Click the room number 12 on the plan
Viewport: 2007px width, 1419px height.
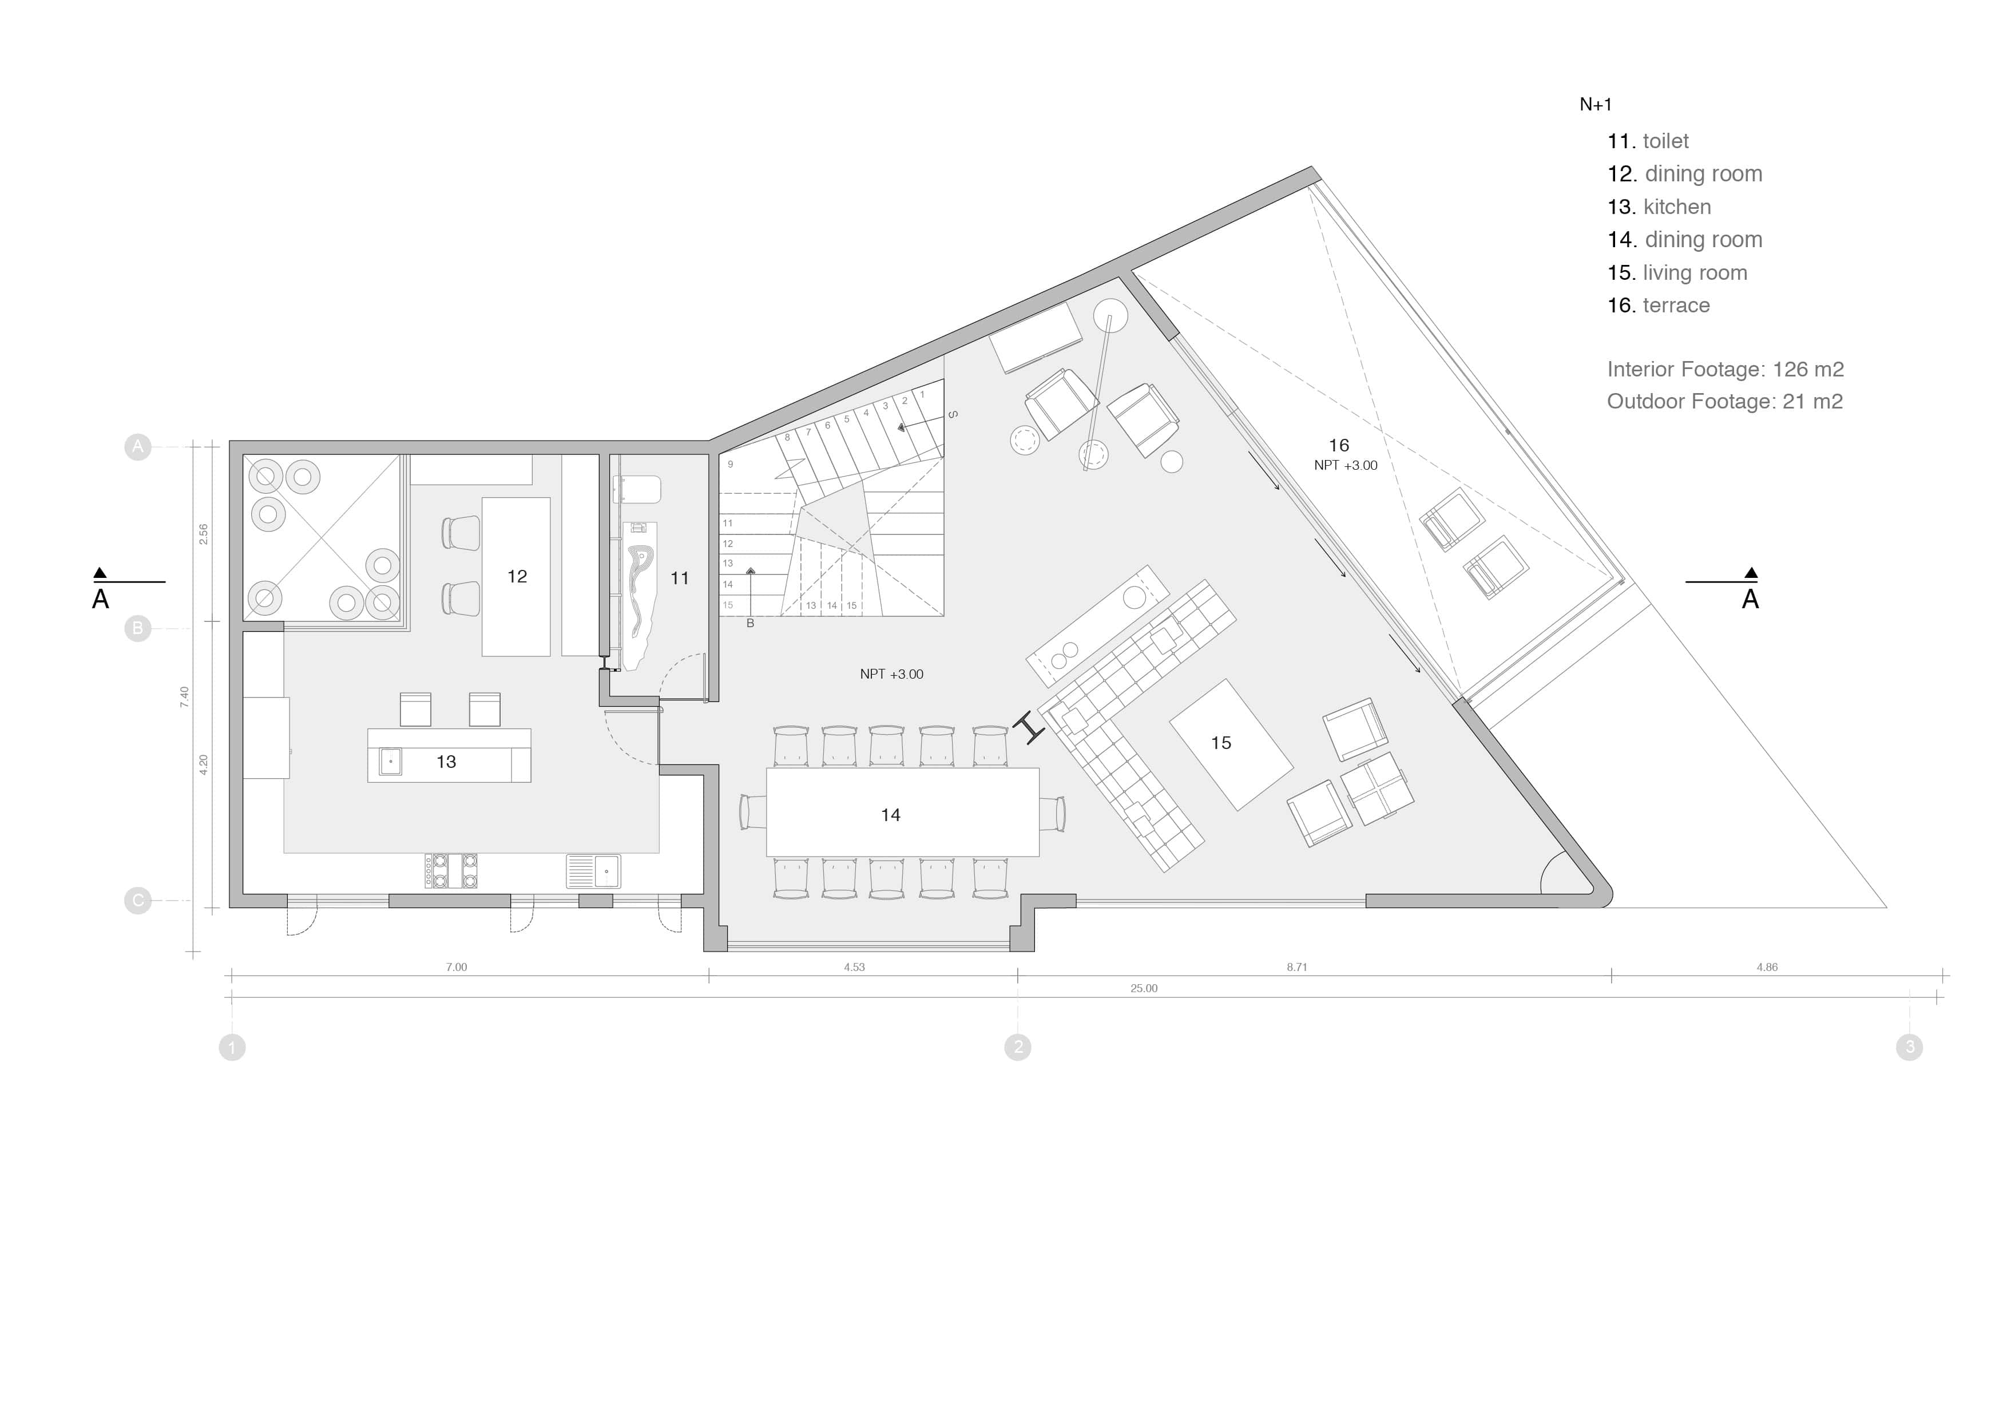click(x=517, y=576)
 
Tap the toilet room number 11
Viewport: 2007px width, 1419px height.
click(x=679, y=578)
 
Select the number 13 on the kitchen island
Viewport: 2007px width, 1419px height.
click(x=446, y=762)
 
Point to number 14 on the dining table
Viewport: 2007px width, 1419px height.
click(x=890, y=815)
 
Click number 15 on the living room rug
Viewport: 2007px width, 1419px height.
click(x=1220, y=742)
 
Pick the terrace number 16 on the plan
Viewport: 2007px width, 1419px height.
click(x=1338, y=445)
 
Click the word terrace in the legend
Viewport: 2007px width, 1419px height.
click(x=1676, y=305)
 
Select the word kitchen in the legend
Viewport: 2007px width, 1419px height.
click(x=1676, y=207)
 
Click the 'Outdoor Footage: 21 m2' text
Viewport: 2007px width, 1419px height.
click(x=1724, y=401)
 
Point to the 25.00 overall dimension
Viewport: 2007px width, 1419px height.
click(x=1143, y=988)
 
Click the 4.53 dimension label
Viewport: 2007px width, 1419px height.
click(x=854, y=967)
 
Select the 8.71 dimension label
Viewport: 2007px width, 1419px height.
click(x=1296, y=967)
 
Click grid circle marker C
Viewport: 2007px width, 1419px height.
click(x=137, y=901)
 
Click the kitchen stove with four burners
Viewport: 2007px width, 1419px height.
click(x=451, y=871)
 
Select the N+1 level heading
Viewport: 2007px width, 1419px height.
click(x=1595, y=105)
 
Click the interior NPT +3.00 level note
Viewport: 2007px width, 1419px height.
click(x=891, y=674)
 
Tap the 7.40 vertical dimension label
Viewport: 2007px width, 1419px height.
click(x=184, y=697)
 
